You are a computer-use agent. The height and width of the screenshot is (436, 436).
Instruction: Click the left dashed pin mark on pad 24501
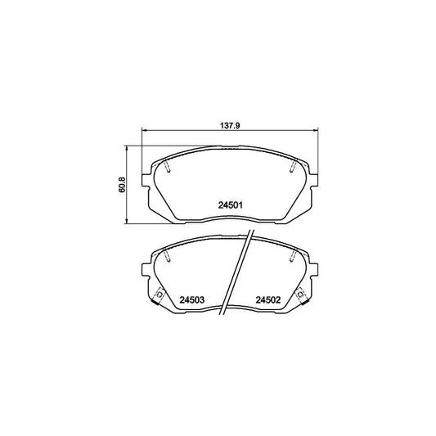pos(166,168)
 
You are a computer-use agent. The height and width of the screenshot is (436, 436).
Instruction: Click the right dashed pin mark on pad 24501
pos(292,168)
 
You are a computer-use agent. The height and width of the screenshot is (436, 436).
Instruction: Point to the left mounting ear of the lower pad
pos(146,271)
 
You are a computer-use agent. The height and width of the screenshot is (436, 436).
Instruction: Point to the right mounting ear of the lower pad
pos(313,271)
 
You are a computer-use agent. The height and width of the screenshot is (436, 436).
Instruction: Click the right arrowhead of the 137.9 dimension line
pos(316,132)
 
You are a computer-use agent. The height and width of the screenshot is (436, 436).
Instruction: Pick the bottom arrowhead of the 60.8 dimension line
pos(128,222)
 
